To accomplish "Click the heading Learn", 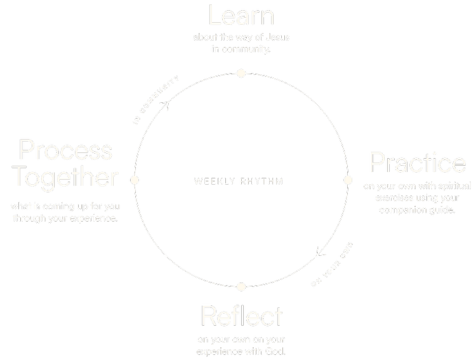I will (241, 15).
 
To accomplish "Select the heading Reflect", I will (241, 316).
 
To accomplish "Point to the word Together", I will (65, 177).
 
